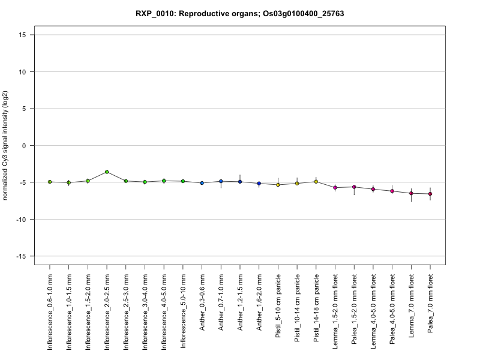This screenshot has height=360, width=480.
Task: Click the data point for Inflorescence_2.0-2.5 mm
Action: tap(107, 172)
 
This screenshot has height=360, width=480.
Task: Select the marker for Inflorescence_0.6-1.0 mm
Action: tap(50, 182)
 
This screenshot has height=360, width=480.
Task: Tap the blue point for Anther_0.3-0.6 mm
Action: tap(202, 183)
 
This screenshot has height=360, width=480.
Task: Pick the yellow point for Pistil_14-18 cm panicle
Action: tap(316, 182)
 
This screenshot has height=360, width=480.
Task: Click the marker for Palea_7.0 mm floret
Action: tap(430, 194)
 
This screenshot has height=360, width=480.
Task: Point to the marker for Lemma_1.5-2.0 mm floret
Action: tap(335, 188)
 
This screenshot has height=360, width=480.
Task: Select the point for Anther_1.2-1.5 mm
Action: tap(240, 182)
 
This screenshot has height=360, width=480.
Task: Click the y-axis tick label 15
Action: tap(22, 35)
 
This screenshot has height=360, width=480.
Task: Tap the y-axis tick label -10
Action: tap(21, 220)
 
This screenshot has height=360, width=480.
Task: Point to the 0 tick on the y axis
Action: tap(24, 146)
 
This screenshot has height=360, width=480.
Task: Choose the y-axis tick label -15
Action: tap(21, 256)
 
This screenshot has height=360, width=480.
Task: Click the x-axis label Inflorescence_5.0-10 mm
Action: tap(183, 311)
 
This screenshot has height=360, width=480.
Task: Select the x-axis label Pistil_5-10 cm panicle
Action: tap(278, 306)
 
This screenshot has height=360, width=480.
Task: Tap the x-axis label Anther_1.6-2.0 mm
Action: tap(259, 302)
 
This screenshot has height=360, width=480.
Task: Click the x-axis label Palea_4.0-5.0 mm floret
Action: tap(392, 309)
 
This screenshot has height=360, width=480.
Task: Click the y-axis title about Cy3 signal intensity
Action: tap(5, 146)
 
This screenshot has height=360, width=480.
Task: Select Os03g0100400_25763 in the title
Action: tap(304, 14)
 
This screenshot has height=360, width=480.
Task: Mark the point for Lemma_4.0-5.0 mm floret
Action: tap(373, 189)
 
